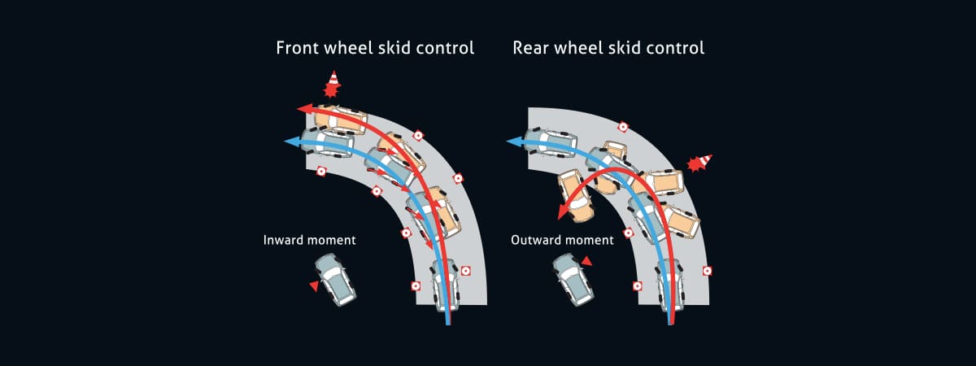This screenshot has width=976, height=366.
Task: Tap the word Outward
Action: pos(538,241)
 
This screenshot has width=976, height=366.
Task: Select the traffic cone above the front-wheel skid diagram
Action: pos(332,83)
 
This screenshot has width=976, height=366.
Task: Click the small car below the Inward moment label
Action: pos(335,279)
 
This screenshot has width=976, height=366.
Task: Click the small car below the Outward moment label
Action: pos(574,279)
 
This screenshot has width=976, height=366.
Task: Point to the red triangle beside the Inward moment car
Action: pos(313,285)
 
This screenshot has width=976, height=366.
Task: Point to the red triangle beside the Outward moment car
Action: pos(586,260)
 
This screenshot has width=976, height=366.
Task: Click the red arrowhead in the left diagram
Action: pos(302,108)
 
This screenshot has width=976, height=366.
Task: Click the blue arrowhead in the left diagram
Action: pos(290,142)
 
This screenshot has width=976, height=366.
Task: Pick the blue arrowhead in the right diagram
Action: pos(513,142)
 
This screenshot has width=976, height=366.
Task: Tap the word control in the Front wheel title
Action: pos(442,47)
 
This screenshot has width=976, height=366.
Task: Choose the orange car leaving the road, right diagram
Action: pos(576,196)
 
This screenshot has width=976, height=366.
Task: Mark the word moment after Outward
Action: pos(590,241)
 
